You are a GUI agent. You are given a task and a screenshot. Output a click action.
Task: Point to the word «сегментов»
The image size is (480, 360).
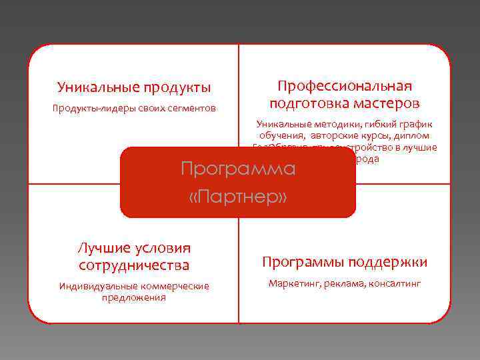[193, 108]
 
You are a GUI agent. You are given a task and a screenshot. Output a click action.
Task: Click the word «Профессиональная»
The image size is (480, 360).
[345, 87]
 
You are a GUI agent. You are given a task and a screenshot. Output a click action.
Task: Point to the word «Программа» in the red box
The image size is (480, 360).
[238, 168]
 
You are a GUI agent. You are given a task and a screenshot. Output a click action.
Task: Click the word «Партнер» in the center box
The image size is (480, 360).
[239, 198]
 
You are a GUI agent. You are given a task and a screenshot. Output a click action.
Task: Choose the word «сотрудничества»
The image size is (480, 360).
[133, 265]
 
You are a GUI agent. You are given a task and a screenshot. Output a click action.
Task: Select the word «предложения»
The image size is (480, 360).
[133, 297]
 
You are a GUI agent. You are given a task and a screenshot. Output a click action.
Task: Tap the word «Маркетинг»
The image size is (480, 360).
[293, 284]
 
